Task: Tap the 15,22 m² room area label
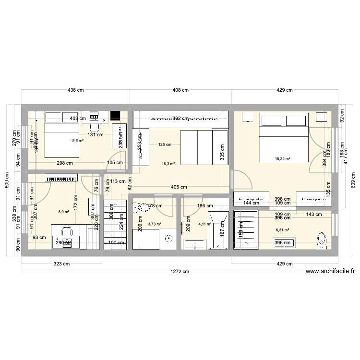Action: (x=282, y=158)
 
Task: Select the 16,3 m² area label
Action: (x=168, y=164)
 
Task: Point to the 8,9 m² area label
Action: (x=64, y=212)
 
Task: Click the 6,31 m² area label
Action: (x=282, y=230)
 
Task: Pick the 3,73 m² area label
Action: (x=155, y=224)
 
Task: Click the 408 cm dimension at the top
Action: (x=180, y=90)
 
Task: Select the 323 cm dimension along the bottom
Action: (x=61, y=264)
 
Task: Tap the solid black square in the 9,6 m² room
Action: (x=115, y=116)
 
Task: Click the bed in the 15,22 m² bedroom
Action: (x=283, y=138)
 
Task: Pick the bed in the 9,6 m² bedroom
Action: (x=61, y=140)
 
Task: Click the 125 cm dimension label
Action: (x=165, y=144)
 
